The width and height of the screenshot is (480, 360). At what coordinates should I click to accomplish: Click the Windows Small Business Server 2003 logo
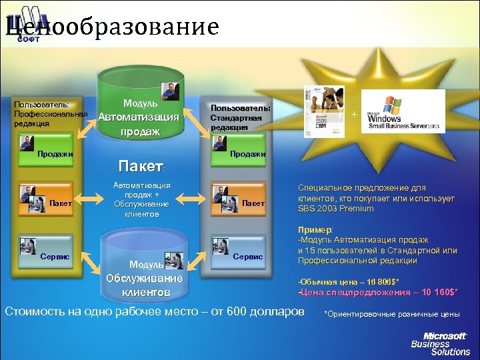click(404, 111)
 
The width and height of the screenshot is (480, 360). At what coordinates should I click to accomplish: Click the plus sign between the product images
click(354, 115)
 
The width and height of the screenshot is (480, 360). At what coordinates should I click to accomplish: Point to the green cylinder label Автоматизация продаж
click(139, 124)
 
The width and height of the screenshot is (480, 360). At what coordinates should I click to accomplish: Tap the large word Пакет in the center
click(139, 165)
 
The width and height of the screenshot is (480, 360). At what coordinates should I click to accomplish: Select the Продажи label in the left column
click(55, 154)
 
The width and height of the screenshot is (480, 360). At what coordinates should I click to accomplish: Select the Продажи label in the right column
click(247, 154)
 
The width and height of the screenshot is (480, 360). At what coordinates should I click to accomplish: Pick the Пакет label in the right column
click(253, 203)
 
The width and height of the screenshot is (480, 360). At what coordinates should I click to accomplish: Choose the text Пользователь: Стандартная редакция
click(240, 117)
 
